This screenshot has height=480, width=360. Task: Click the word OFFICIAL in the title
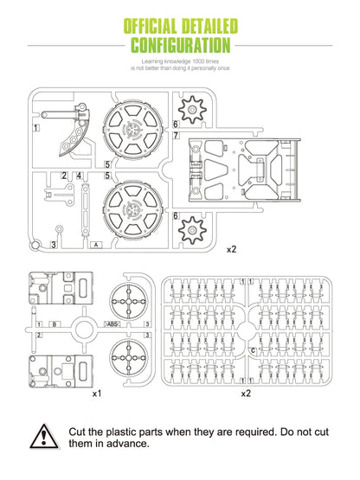[150, 26]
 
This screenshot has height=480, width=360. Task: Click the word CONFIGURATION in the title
[181, 45]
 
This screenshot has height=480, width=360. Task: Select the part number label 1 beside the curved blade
[36, 128]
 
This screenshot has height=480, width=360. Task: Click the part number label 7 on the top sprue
[176, 135]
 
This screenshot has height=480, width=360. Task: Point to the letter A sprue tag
[97, 245]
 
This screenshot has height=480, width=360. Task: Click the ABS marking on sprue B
[112, 323]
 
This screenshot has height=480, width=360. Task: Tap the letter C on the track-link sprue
[253, 350]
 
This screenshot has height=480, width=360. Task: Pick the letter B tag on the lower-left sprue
[55, 324]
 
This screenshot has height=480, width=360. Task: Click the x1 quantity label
[97, 394]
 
